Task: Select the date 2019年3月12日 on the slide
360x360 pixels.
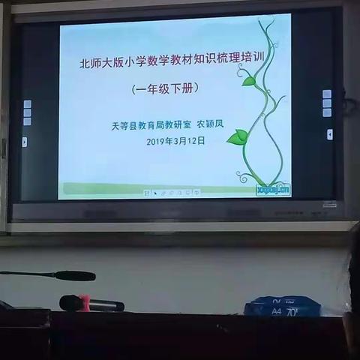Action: pos(175,141)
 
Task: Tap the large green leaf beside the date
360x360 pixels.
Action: pos(238,136)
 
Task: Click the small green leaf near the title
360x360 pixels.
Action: pos(248,80)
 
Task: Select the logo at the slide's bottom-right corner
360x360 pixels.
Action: pos(273,189)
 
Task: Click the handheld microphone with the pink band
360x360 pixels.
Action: pos(91,303)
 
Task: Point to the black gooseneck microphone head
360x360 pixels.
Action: pos(75,275)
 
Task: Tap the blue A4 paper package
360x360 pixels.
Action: pos(283,305)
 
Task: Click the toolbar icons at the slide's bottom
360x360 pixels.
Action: pos(172,193)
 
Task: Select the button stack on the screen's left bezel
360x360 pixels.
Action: pos(27,112)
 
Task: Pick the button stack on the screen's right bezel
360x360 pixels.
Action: pos(326,103)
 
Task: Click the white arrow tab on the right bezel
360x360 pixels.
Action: pos(329,134)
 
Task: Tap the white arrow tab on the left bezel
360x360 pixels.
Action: pos(25,141)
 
